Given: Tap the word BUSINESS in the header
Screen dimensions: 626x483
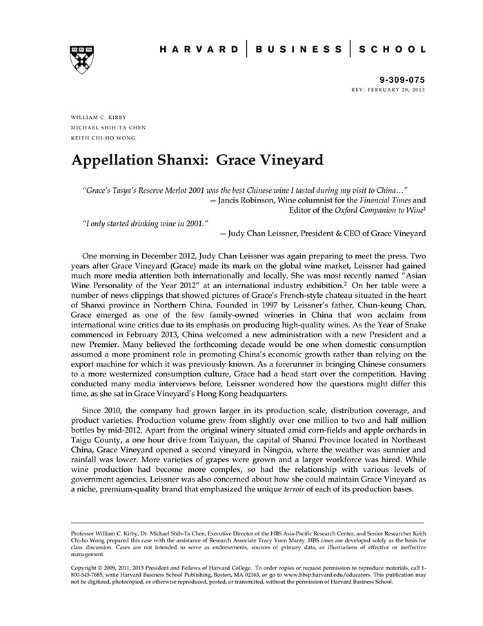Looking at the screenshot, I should [298, 50].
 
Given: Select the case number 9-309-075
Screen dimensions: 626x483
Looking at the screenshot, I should [403, 80].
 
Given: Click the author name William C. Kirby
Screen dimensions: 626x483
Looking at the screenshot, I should [99, 117].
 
